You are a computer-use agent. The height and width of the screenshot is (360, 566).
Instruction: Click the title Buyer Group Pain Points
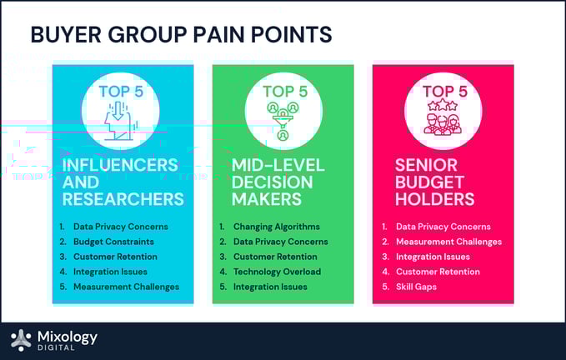181,35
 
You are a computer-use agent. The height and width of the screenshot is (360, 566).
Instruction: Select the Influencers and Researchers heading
123,182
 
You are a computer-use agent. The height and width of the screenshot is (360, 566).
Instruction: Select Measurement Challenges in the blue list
126,287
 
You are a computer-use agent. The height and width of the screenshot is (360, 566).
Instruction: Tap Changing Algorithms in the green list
276,227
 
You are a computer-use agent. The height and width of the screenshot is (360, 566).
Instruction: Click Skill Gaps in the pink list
417,287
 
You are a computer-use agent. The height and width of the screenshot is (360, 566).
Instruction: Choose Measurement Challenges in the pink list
448,242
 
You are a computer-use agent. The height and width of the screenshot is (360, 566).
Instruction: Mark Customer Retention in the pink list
438,272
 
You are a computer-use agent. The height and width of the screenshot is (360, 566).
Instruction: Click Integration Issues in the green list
270,287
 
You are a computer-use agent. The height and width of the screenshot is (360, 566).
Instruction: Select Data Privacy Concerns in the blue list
121,227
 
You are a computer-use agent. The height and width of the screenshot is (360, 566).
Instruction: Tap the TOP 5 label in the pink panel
443,91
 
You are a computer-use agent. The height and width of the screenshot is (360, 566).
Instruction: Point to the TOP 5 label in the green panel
283,91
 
